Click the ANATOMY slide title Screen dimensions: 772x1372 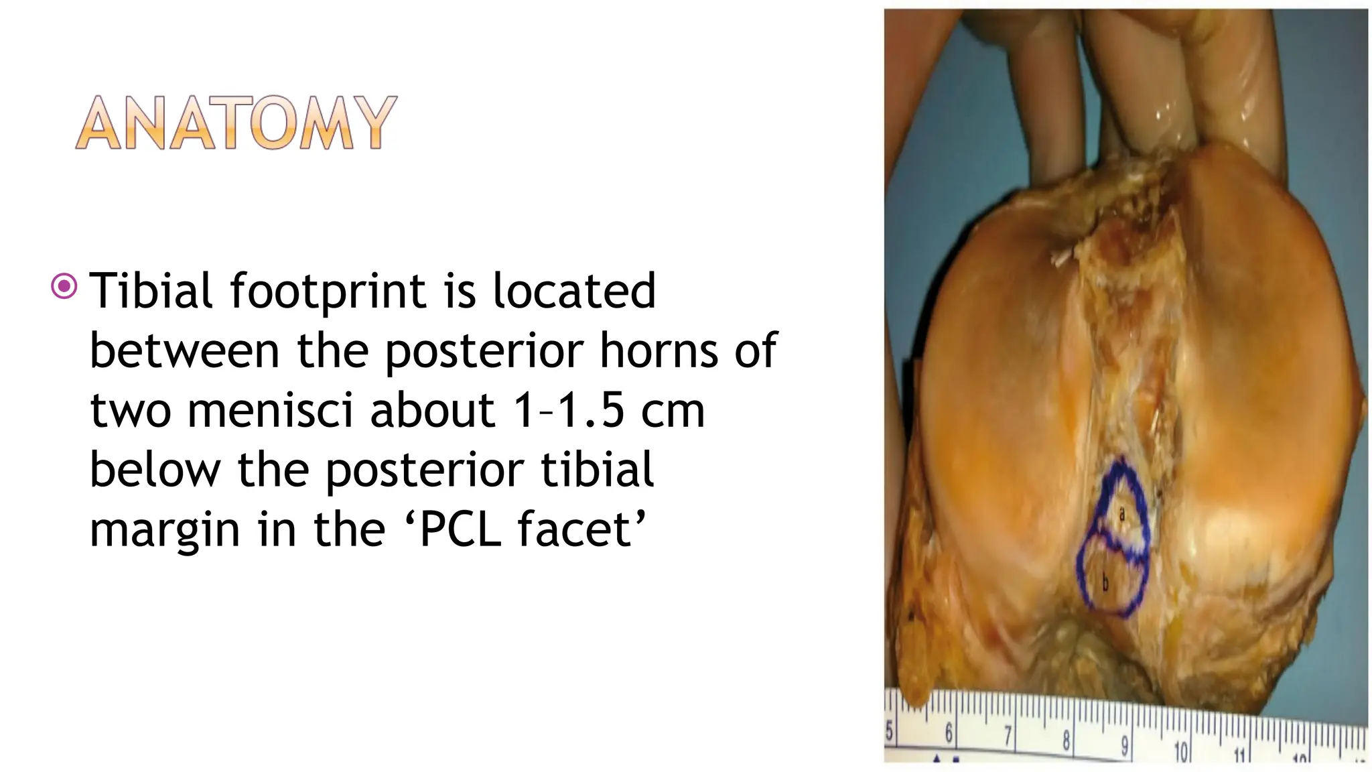tap(236, 123)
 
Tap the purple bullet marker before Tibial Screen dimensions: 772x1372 tap(64, 287)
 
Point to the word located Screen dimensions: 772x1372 tap(574, 291)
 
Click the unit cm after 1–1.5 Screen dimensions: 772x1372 tap(673, 411)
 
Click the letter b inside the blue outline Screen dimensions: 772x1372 tap(1105, 584)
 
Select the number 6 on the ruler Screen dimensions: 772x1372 tap(949, 734)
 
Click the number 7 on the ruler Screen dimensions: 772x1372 tap(1008, 738)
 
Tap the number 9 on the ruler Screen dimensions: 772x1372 tap(1124, 746)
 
